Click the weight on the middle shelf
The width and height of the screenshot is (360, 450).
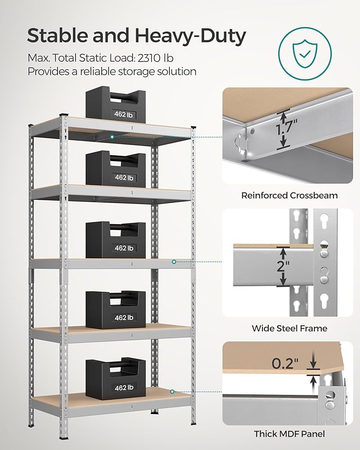(116, 241)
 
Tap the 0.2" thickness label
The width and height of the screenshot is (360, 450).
(286, 363)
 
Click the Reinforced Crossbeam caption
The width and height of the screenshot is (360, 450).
(289, 195)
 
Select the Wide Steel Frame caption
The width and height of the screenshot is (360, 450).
(289, 328)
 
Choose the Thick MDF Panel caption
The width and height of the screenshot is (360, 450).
(289, 434)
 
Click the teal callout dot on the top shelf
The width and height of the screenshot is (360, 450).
(112, 137)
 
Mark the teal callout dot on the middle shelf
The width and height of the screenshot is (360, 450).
(173, 261)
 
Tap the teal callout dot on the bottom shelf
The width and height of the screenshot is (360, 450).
(173, 392)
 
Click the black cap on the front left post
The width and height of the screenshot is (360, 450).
(65, 115)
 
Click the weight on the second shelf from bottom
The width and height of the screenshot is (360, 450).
(116, 310)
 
